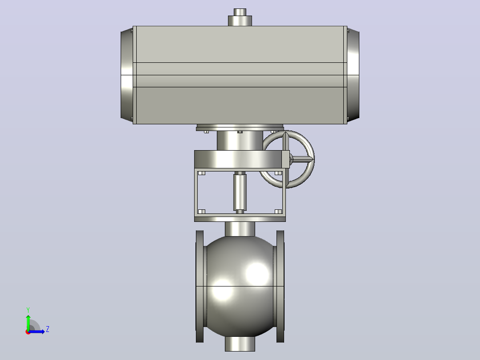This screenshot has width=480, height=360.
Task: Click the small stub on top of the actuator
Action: [240, 17]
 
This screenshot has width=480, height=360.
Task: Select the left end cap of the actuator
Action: [127, 75]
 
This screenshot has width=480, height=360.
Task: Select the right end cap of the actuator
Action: [353, 75]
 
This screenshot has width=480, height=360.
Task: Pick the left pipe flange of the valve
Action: [200, 286]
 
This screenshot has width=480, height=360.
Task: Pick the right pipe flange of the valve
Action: [280, 286]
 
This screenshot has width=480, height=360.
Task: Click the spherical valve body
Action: [240, 286]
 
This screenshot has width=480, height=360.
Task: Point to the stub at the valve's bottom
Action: [240, 344]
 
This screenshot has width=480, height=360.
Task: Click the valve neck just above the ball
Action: [240, 229]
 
